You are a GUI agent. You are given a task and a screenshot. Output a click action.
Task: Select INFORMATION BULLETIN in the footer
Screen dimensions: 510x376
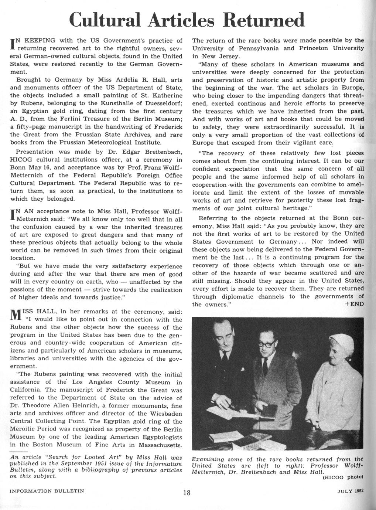(x=47, y=491)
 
